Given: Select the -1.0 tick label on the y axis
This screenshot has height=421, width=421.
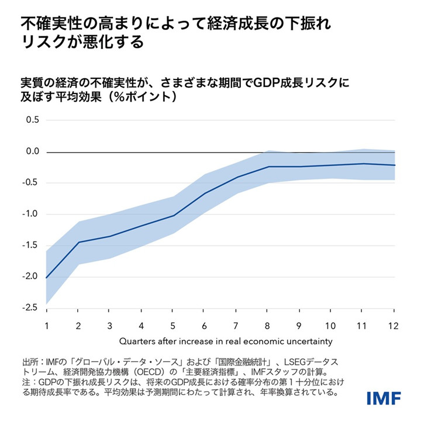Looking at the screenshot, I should tap(30, 215).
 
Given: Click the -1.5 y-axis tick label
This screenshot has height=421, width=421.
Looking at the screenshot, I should tap(30, 246).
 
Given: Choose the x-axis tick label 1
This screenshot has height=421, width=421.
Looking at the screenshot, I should tap(46, 325).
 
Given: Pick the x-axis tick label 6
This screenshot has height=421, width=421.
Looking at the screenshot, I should tap(205, 325).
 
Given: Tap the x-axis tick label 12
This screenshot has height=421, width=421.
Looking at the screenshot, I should tap(394, 325).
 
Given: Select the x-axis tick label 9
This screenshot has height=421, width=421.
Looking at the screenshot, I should tap(299, 325).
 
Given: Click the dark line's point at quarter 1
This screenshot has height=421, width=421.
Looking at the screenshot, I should tap(47, 278).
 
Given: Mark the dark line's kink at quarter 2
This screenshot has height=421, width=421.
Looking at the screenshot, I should tap(78, 242).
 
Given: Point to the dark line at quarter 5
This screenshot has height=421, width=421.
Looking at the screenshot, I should tap(173, 215).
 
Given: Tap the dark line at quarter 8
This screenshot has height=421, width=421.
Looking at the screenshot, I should tap(268, 167).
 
